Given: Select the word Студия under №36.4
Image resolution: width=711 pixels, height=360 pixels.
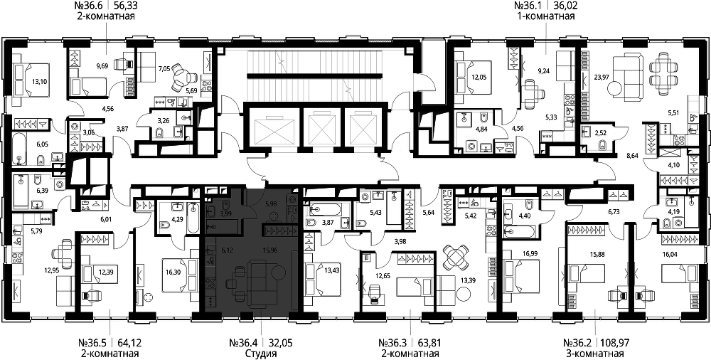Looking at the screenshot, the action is [260, 354].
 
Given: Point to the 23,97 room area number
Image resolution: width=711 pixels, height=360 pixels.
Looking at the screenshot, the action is [602, 77].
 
